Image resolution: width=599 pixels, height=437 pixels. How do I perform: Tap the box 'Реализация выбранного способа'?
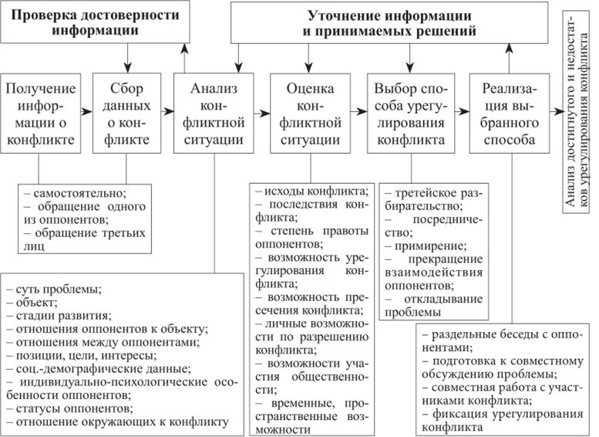pos(506,113)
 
